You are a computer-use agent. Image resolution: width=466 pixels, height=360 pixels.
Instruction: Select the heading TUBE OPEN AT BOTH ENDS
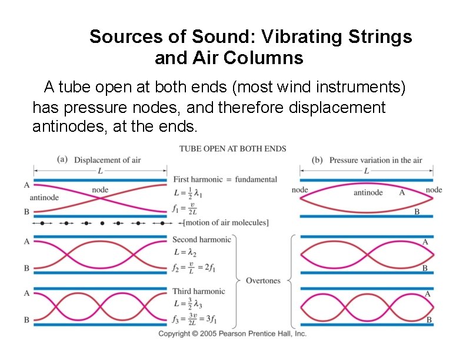tap(232, 148)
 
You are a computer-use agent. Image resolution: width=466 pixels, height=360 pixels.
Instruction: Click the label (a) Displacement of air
tap(99, 160)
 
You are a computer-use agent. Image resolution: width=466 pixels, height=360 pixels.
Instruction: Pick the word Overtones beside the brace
tap(263, 280)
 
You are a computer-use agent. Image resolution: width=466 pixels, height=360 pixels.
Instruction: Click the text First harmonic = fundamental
tap(225, 179)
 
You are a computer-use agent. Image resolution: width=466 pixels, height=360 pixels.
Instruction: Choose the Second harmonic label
tap(202, 239)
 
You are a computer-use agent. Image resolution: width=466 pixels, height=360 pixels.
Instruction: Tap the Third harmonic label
tap(198, 291)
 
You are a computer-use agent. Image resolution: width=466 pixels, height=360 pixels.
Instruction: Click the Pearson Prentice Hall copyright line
tap(232, 334)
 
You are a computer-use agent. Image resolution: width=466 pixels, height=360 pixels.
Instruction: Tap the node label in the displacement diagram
tap(100, 189)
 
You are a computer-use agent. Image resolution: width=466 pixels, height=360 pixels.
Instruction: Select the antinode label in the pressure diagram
tap(368, 192)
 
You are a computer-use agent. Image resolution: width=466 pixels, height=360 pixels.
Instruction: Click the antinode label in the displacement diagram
tap(44, 198)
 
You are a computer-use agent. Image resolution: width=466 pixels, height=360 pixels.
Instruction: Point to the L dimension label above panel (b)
tap(367, 171)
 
